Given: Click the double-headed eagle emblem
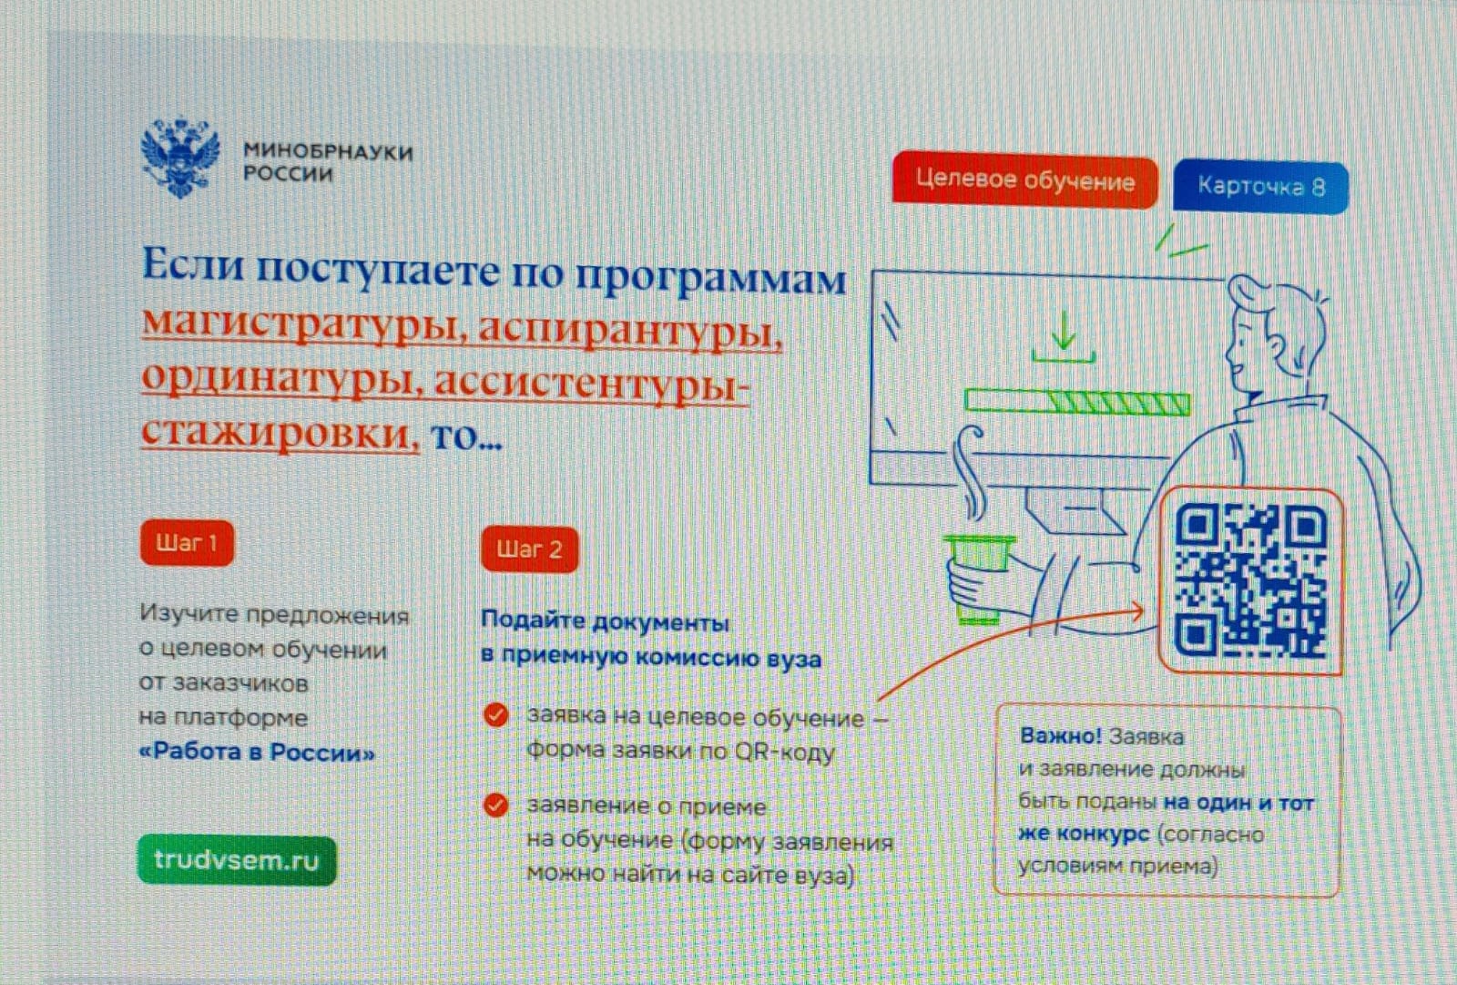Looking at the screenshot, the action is [x=180, y=157].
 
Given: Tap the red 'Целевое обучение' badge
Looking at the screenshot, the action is [x=1024, y=180].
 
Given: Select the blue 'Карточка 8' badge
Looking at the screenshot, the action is [x=1260, y=187].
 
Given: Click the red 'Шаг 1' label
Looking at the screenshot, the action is [x=187, y=543].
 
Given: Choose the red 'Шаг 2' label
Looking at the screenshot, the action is [x=529, y=549].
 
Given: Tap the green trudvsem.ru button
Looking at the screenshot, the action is [x=237, y=860].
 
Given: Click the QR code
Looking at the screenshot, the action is [x=1250, y=581].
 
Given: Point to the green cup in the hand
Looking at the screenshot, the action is [x=978, y=578].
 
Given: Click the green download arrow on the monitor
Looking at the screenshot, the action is [x=1064, y=336].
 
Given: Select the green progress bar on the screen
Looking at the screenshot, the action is [x=1077, y=402].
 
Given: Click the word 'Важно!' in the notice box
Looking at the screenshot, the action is [x=1060, y=735].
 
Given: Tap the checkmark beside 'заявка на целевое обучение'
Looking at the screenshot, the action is [x=495, y=714].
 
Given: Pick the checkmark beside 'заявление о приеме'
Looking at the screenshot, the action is [x=495, y=805].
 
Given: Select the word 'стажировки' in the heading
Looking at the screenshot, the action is [x=280, y=432].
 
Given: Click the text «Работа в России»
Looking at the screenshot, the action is [x=258, y=752].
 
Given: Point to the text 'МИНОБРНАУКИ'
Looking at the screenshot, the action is [x=328, y=151].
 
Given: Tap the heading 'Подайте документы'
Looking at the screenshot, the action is [x=605, y=622].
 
